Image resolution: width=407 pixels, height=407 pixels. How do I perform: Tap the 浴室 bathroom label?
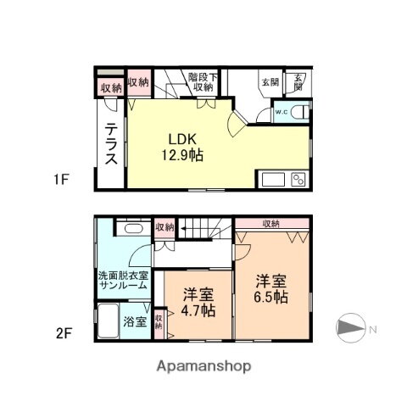click(x=134, y=321)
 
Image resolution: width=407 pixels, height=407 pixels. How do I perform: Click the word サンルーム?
click(x=122, y=286)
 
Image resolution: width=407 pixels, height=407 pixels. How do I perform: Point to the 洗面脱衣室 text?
click(x=122, y=274)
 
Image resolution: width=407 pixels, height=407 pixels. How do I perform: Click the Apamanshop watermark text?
click(x=204, y=366)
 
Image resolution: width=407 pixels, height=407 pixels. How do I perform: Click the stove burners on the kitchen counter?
click(x=299, y=178)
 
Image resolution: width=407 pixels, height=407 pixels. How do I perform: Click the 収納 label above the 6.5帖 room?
click(x=270, y=223)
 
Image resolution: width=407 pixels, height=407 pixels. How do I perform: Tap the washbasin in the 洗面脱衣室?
click(x=131, y=229)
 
